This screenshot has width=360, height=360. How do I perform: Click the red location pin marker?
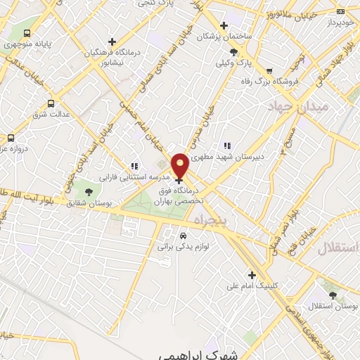(x=181, y=166)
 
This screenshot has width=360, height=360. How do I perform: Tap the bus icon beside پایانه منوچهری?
(x=27, y=33)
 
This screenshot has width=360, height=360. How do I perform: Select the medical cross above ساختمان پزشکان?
(x=224, y=25)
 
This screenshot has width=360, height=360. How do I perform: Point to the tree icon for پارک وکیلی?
(x=233, y=51)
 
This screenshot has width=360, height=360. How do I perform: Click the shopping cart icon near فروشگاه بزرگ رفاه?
(x=269, y=70)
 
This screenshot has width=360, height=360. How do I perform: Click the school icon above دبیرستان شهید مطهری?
(x=226, y=146)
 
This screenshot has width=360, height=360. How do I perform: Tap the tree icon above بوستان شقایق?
(x=88, y=192)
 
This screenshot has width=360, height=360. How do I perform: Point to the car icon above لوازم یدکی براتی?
(x=184, y=236)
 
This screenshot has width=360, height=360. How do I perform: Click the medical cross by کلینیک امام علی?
(x=251, y=275)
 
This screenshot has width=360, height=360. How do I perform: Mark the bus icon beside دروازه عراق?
(x=11, y=138)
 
